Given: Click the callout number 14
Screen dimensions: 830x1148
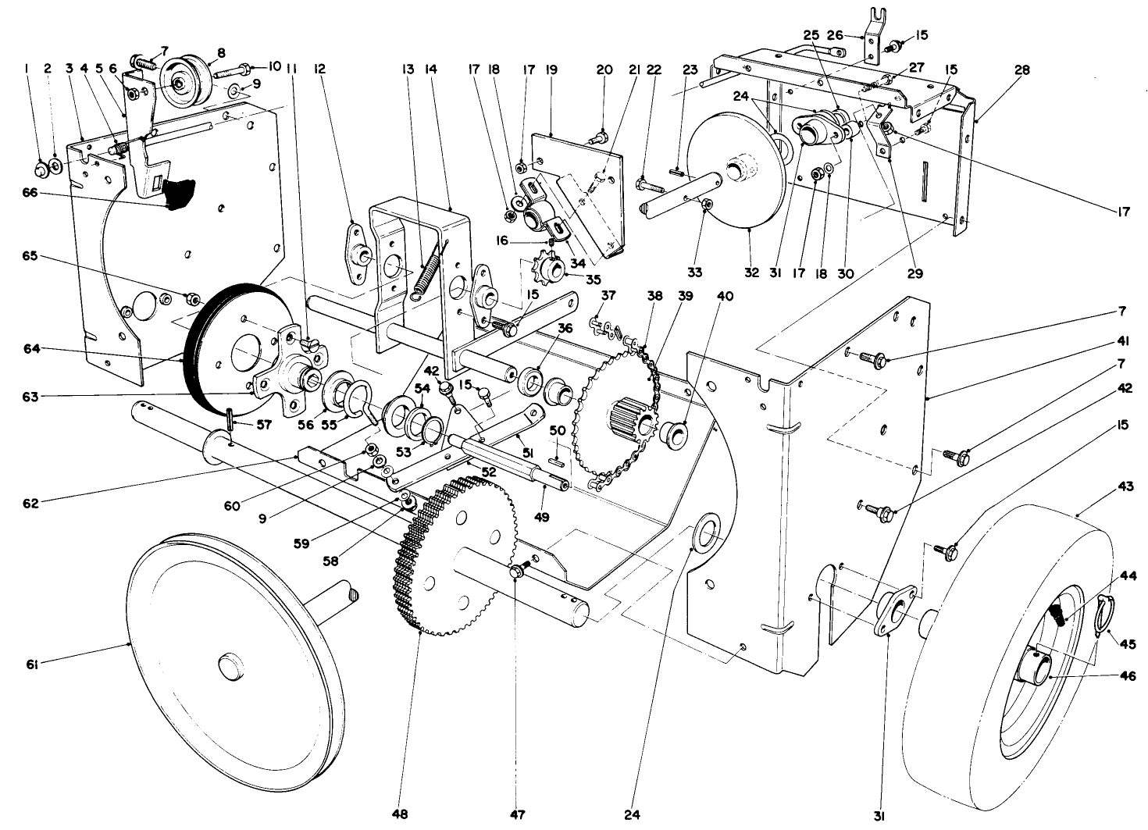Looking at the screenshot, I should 430,69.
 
